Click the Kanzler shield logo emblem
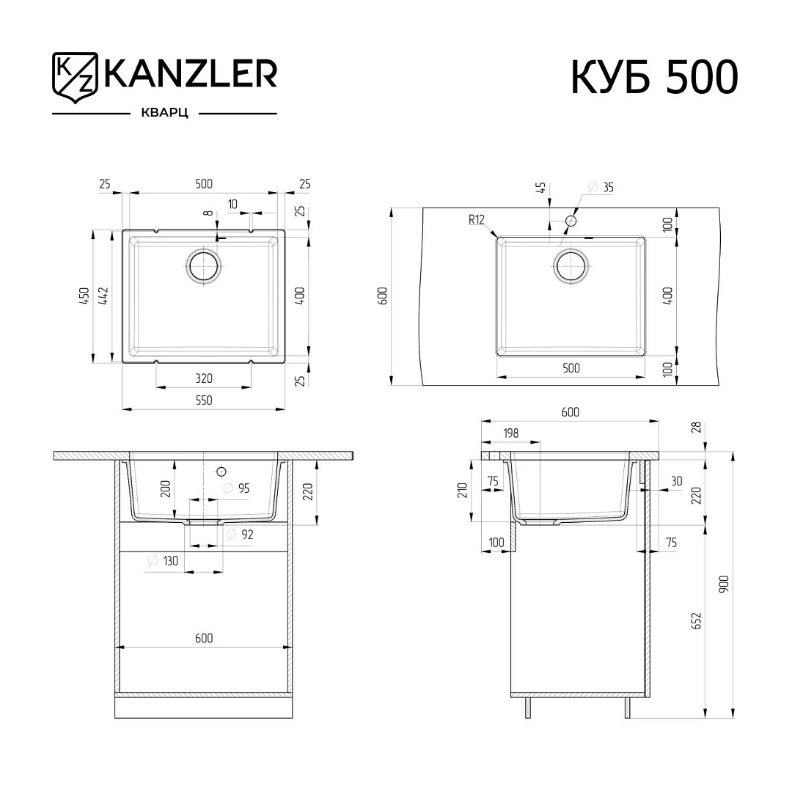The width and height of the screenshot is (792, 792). pyautogui.click(x=74, y=78)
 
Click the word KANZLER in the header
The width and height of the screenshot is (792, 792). pyautogui.click(x=190, y=74)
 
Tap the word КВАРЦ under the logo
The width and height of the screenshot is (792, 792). pyautogui.click(x=164, y=113)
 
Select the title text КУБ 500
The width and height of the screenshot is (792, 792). pyautogui.click(x=655, y=77)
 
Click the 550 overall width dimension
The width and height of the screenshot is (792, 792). pyautogui.click(x=204, y=400)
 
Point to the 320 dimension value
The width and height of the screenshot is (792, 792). pyautogui.click(x=204, y=378)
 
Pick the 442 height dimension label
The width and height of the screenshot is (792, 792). pyautogui.click(x=103, y=296)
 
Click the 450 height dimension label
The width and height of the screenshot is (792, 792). pyautogui.click(x=84, y=296)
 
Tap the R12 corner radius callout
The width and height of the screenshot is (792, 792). pyautogui.click(x=477, y=219)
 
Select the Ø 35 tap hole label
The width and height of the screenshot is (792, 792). pyautogui.click(x=601, y=187)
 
